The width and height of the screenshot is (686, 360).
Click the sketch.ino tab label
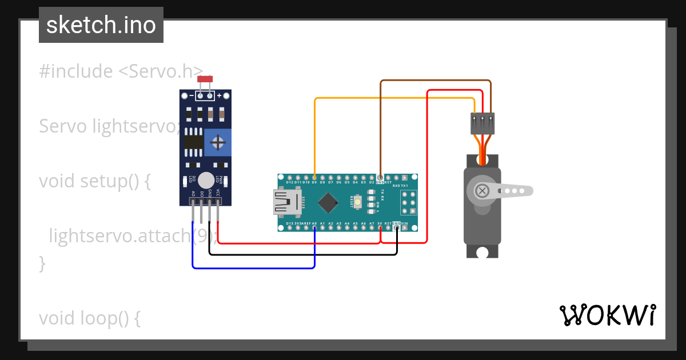[101, 25]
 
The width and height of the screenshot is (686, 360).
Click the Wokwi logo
[608, 315]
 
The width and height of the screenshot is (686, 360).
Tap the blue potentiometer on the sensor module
[217, 142]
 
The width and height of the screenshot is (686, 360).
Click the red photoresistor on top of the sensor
[205, 79]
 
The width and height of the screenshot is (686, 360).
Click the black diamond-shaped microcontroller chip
[328, 202]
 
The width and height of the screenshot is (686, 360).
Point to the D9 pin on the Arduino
[314, 177]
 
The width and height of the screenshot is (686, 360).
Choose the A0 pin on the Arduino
[314, 228]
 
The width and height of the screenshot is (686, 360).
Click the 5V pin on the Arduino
[380, 228]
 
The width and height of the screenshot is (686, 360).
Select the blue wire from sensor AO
[252, 267]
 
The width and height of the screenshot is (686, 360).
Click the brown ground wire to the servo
[434, 81]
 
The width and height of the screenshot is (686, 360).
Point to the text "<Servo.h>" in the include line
[161, 71]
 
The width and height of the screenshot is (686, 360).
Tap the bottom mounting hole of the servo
[482, 252]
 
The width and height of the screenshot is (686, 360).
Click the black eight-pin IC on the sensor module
[194, 141]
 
